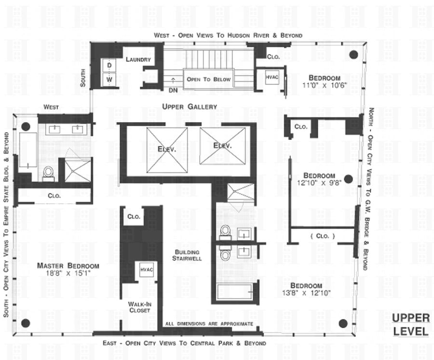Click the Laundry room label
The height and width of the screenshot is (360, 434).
pos(138,60)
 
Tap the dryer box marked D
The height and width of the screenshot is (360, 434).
pos(109,65)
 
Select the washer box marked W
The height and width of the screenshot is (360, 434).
pos(109,79)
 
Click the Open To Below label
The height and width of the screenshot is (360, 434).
pos(209,79)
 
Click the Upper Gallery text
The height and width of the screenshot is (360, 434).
pos(190,107)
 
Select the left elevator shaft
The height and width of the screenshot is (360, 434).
pos(167,149)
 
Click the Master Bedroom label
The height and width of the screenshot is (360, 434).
pos(68,266)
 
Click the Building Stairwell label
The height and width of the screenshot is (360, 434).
pos(188,255)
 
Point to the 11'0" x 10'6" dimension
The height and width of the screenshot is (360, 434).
pos(325,85)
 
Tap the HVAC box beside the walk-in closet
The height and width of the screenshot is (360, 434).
pos(146,270)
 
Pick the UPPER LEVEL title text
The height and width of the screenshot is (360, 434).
pos(410,324)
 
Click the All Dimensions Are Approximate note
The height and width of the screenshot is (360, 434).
pos(209,324)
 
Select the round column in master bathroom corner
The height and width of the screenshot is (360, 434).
pos(26,126)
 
